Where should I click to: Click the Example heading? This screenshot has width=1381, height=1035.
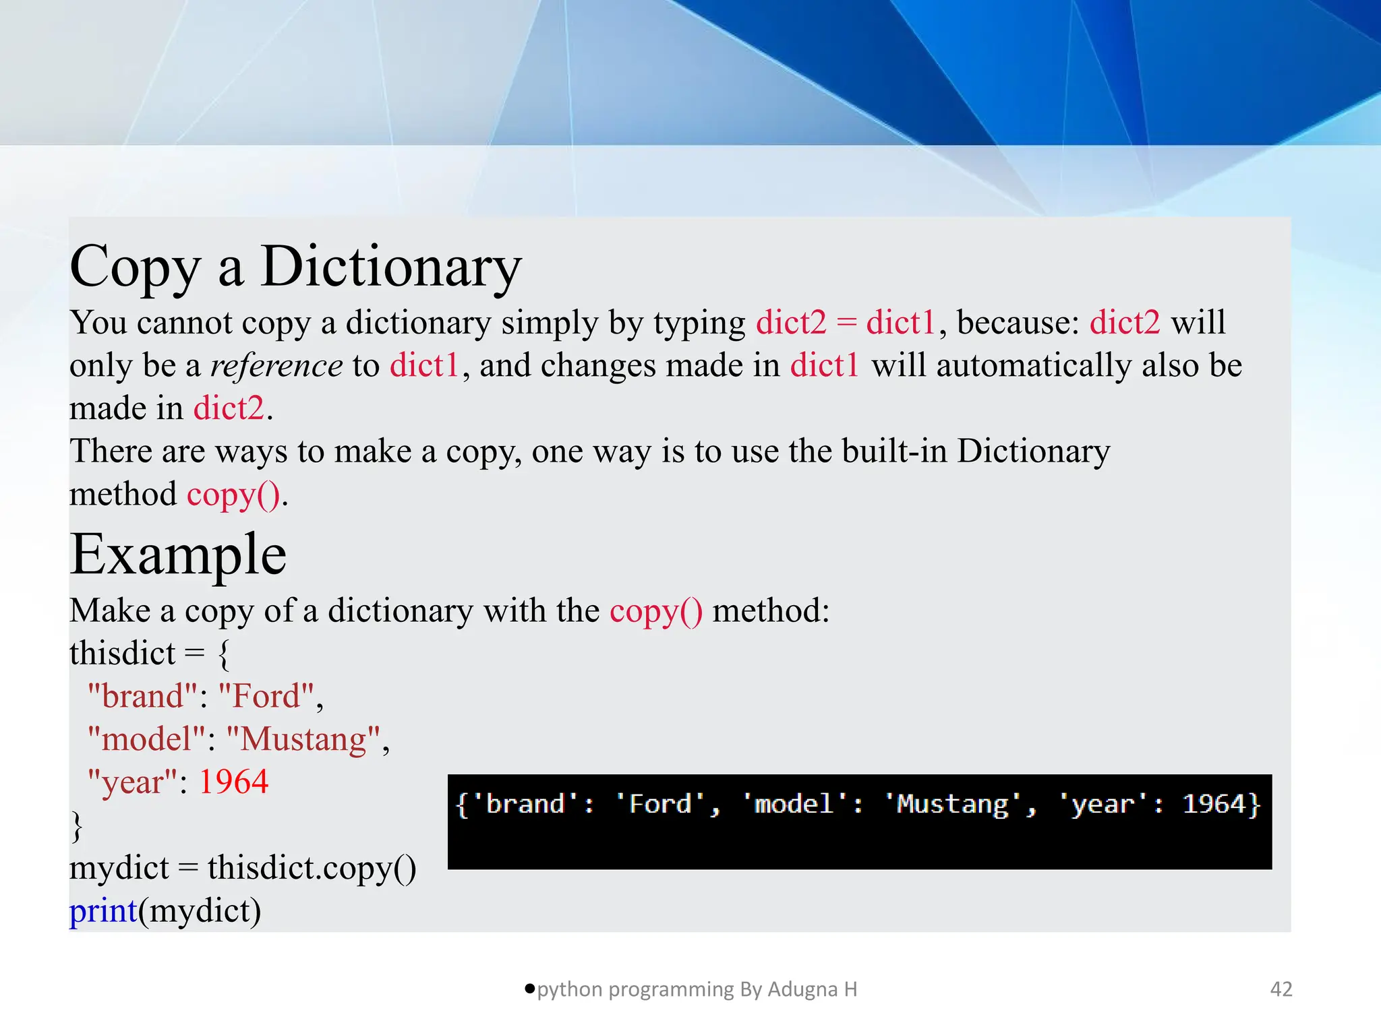pos(178,555)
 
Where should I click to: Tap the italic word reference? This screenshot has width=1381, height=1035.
pos(276,366)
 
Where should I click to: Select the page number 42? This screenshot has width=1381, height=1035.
pos(1281,989)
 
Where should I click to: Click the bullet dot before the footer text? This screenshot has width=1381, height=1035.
pos(529,989)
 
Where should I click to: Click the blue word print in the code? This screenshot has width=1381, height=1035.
pos(103,911)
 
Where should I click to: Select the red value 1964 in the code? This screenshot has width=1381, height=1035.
pos(233,782)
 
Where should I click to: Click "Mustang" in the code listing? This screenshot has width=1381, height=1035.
pos(303,739)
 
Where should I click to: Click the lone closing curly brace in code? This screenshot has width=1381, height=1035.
pos(76,826)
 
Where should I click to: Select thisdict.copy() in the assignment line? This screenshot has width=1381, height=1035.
pos(312,868)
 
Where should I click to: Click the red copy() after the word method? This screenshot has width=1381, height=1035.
pos(233,495)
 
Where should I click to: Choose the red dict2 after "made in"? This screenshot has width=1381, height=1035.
pos(229,409)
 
